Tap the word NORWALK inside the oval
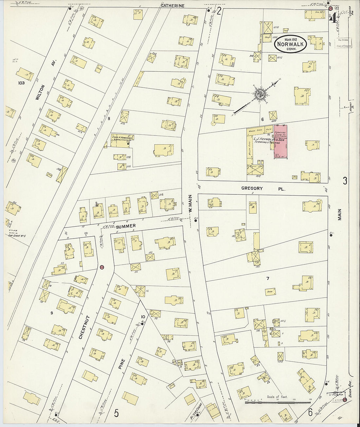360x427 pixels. [x=291, y=44]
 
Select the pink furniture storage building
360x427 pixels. [x=280, y=142]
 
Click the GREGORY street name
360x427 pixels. [x=252, y=188]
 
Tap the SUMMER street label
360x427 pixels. [x=126, y=226]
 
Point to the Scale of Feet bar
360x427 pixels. [x=278, y=402]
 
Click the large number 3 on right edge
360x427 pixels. [x=345, y=181]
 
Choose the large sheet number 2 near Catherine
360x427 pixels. [x=219, y=12]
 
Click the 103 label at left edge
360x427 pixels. [x=22, y=83]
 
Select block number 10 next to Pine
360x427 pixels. [x=143, y=316]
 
